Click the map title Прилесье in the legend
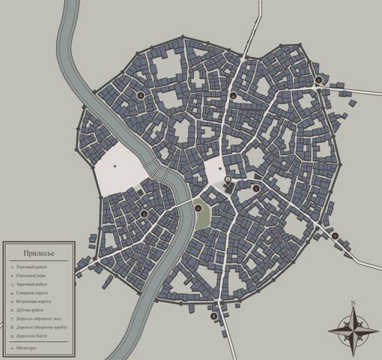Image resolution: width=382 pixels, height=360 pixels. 38,253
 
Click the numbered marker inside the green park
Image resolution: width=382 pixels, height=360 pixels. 198,209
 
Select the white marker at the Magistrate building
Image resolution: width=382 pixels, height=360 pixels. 228,180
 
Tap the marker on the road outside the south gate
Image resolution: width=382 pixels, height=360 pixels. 214,316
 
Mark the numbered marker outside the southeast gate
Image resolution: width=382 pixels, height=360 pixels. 335,237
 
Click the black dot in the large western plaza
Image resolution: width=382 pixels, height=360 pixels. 115,166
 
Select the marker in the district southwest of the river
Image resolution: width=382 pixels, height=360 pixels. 144,214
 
